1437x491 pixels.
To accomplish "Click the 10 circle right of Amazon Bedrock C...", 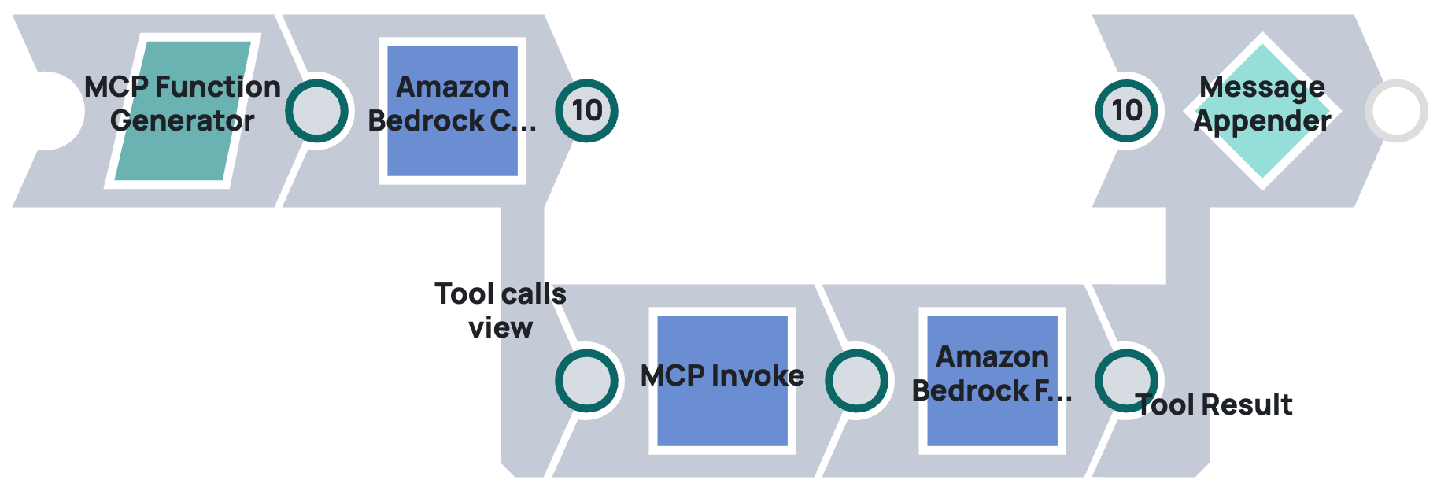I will (x=586, y=111).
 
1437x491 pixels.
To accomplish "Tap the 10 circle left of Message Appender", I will (x=1126, y=111).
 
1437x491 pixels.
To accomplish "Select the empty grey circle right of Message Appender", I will (x=1396, y=111).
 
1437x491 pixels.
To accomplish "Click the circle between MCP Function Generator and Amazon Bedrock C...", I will (x=316, y=111).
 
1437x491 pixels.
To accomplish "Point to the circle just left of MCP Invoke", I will (x=586, y=381).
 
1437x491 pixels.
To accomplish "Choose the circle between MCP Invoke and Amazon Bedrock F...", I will (x=856, y=381).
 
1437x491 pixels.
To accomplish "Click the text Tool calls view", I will (x=501, y=310).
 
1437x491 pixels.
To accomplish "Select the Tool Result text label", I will (x=1215, y=405).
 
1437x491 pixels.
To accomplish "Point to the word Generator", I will (x=183, y=121).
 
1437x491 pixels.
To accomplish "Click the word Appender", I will (x=1262, y=121).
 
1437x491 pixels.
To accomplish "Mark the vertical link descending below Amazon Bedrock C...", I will (x=522, y=244).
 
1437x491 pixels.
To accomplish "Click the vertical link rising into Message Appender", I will (x=1187, y=244).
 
